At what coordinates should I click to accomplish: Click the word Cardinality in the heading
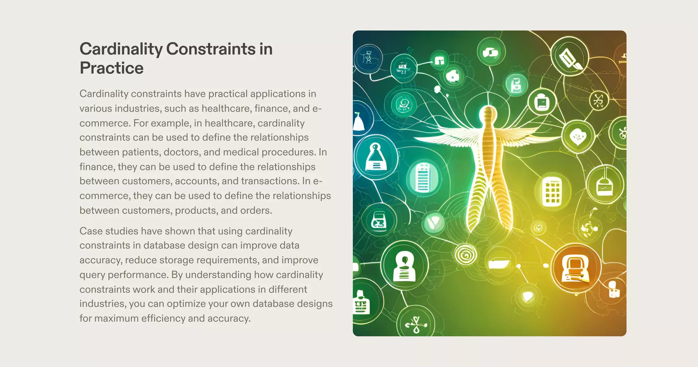[121, 49]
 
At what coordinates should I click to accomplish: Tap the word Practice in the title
[111, 68]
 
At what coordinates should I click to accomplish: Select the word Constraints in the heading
[211, 49]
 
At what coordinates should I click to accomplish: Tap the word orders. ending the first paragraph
[256, 210]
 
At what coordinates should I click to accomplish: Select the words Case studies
[109, 231]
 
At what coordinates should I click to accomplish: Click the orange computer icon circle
[576, 268]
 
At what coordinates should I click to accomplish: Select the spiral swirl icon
[466, 254]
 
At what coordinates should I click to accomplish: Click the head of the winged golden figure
[489, 113]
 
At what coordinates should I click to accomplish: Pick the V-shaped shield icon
[434, 223]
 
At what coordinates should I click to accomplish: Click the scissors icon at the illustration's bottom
[416, 324]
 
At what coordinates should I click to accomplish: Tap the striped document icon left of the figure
[423, 178]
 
